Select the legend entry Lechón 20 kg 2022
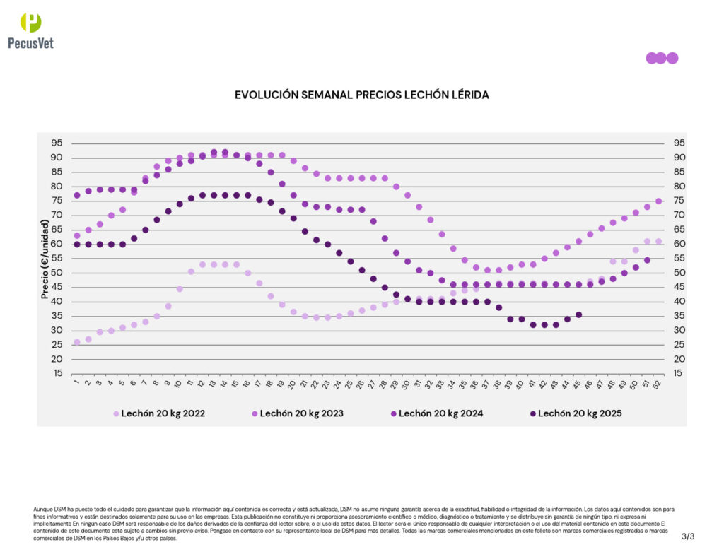point(163,413)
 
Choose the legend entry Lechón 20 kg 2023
point(302,413)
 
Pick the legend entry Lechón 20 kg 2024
point(441,413)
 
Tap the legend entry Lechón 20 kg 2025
point(580,413)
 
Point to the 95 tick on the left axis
point(57,143)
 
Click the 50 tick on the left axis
point(57,273)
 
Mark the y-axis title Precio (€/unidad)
point(45,259)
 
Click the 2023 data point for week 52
point(658,201)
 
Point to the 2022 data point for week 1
point(76,342)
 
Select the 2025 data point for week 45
point(579,314)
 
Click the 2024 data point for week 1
point(76,195)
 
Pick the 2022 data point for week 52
point(658,241)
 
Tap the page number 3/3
point(688,536)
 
